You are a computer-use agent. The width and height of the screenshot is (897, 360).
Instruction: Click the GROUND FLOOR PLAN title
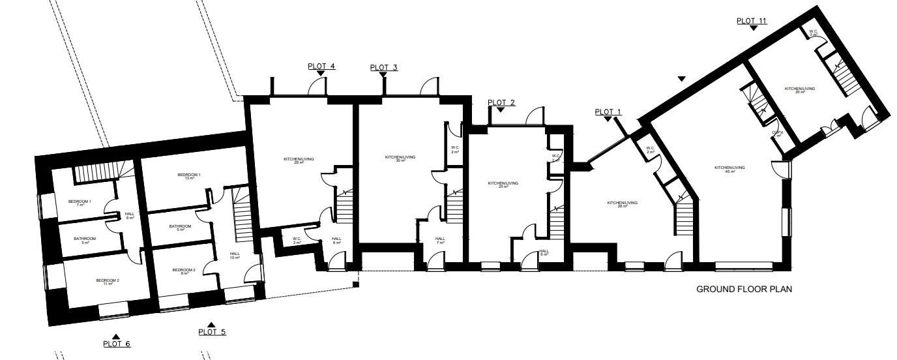tap(744, 289)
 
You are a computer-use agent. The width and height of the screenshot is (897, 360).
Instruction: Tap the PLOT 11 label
tap(752, 21)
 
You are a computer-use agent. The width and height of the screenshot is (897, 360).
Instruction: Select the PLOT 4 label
tap(321, 67)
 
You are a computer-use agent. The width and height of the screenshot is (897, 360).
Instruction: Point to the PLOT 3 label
tap(383, 68)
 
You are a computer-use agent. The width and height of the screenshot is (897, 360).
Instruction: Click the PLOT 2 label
tap(501, 102)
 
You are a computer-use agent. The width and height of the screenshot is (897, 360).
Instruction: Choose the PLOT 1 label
tap(608, 112)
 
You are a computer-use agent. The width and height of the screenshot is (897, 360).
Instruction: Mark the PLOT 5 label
tap(212, 332)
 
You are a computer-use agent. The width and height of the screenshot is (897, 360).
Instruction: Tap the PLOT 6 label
tap(117, 344)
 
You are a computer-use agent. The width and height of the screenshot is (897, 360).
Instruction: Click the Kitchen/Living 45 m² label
tap(729, 170)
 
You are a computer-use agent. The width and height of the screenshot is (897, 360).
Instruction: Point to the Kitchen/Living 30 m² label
tap(400, 159)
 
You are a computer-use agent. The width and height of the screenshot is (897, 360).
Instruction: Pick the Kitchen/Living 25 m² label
tap(503, 185)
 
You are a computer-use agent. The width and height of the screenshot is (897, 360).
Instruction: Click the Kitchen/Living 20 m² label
tap(799, 90)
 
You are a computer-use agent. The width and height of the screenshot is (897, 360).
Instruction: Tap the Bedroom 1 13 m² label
tap(189, 177)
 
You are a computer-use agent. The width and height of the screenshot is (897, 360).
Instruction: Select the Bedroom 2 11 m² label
tap(108, 282)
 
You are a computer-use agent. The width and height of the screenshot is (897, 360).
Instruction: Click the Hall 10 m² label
tap(235, 256)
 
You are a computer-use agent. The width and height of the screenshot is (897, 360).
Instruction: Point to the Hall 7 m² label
tap(440, 241)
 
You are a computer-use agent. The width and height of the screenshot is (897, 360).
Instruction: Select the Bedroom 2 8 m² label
tap(184, 272)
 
